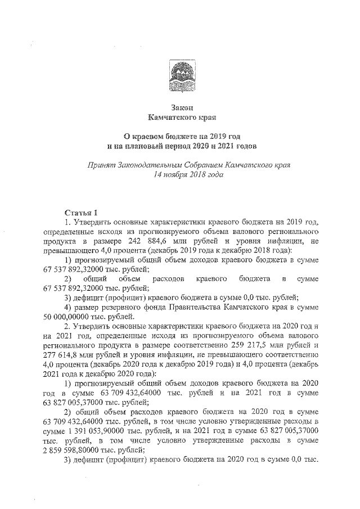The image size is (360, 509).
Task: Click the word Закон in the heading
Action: (x=180, y=107)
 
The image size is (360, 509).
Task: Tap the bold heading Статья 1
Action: (x=81, y=212)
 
